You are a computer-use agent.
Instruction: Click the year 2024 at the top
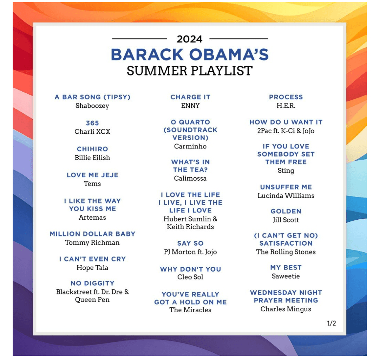189,39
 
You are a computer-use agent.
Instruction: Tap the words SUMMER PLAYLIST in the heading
190,71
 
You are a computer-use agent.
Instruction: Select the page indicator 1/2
331,323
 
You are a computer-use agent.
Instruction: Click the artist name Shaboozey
92,106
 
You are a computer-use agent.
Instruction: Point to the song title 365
92,123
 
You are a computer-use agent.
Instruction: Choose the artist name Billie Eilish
92,158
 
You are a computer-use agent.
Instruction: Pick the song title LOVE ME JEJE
92,175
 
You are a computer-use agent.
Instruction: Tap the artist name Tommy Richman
92,242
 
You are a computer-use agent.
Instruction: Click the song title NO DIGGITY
92,283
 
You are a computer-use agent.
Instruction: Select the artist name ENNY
190,106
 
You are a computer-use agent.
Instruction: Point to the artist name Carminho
190,146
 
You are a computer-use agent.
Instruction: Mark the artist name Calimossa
190,178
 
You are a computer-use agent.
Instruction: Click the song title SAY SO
190,243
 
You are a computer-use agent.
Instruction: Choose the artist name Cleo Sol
190,277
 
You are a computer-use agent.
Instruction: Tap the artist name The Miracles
190,310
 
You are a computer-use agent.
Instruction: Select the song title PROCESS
286,97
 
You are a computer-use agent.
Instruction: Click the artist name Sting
286,171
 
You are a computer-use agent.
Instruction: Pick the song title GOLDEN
286,211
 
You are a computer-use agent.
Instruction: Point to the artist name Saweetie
286,276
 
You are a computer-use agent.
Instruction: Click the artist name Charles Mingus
286,309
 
